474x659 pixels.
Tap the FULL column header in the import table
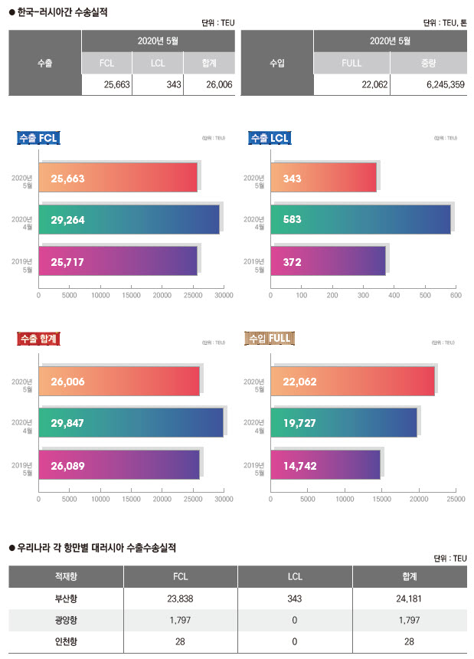pos(351,63)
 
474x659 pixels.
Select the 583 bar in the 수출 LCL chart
pos(360,220)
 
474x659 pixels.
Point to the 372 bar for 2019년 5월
pos(328,261)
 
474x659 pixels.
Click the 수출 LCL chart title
pos(269,138)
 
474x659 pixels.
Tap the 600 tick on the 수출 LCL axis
pos(455,294)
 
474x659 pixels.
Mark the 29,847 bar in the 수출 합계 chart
pos(130,422)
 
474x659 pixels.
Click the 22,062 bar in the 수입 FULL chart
pos(352,381)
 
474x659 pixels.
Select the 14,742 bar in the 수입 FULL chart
pos(325,465)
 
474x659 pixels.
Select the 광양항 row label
pos(66,620)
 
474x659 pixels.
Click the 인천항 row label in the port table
pos(66,641)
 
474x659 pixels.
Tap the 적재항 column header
pos(66,577)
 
